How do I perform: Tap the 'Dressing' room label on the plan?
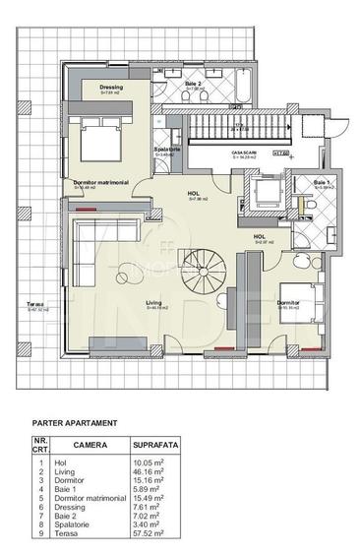coord(111,88)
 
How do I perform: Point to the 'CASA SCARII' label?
coord(244,154)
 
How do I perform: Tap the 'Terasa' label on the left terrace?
coord(35,303)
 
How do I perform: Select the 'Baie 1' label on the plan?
coord(322,183)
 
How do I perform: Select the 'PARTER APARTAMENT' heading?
coord(75,422)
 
